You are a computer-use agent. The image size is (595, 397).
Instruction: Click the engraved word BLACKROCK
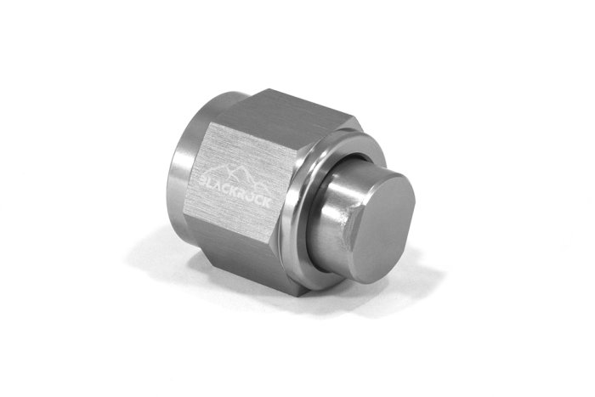click(235, 190)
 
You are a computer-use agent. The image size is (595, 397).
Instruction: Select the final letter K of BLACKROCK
click(267, 202)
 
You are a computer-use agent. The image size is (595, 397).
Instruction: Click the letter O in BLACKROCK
click(250, 196)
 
